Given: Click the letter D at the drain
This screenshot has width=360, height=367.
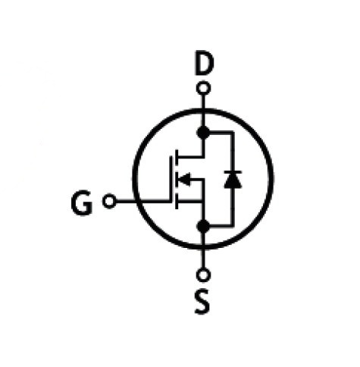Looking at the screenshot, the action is point(204,63).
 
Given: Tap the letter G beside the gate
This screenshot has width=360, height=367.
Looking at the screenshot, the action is point(81,203).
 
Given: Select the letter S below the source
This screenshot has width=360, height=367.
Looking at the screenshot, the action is point(202,302).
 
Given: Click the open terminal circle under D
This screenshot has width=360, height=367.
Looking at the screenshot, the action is point(203,89).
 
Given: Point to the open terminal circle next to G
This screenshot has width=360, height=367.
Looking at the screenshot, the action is point(109,201).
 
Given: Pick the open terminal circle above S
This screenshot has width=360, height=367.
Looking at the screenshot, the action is point(203,274).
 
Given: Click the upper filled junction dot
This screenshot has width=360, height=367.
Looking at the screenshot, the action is point(203,132).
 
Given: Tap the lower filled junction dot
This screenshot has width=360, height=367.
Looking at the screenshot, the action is point(203,226).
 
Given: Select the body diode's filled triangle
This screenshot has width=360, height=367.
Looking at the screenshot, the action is point(233,180).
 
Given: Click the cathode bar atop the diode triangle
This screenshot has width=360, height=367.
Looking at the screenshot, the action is point(233,172).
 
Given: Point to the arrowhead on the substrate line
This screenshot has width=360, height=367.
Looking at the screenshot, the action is point(183,179).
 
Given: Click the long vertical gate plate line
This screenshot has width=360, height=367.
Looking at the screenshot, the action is point(171,179).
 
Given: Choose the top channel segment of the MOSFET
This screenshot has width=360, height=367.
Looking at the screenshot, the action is point(177,157).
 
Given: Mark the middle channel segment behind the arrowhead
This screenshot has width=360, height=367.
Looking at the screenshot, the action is point(177,179).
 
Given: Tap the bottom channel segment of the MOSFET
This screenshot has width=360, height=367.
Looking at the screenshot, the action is point(177,202).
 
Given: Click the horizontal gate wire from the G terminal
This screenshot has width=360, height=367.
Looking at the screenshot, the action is point(143,201).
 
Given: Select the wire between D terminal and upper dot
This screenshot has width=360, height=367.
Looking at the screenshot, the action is point(203,111).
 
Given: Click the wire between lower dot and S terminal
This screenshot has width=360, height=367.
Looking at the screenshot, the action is point(203,250).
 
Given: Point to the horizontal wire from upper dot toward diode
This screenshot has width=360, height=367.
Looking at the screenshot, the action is point(221,132).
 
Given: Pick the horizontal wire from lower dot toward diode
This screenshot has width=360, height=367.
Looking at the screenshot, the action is point(221,225).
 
